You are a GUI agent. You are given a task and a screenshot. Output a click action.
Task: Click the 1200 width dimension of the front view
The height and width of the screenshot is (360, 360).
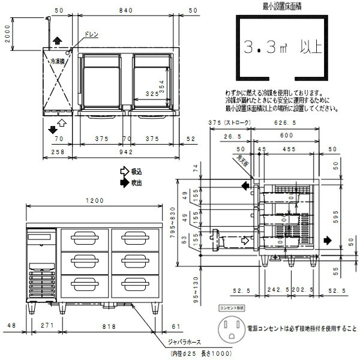point(95,201)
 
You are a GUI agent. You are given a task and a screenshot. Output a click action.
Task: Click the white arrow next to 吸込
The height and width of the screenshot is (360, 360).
point(125,170)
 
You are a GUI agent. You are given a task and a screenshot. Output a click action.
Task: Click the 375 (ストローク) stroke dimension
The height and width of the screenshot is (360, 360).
point(229,123)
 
